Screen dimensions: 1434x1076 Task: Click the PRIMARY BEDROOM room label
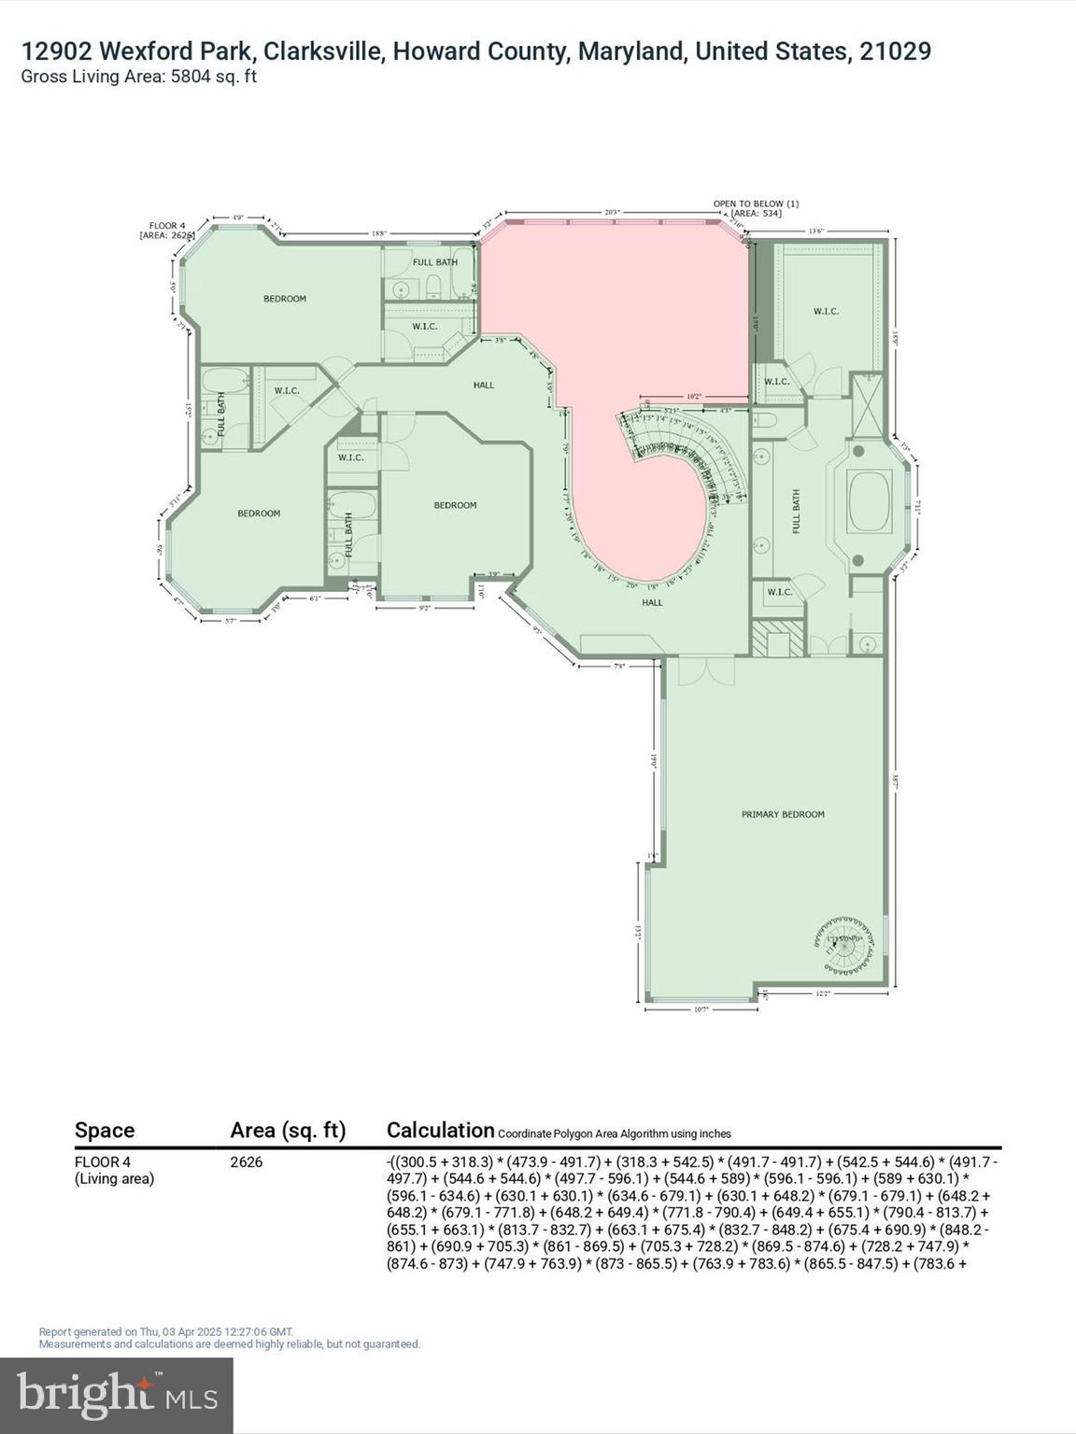pyautogui.click(x=783, y=814)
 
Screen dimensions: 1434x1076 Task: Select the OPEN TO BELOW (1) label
pyautogui.click(x=756, y=204)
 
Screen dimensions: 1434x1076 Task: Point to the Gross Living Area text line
pyautogui.click(x=139, y=77)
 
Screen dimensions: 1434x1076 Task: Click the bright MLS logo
pyautogui.click(x=117, y=1395)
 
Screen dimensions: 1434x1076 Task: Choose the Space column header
pyautogui.click(x=105, y=1131)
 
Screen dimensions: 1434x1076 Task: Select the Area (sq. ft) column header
pyautogui.click(x=288, y=1131)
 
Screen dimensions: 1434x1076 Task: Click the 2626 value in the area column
pyautogui.click(x=247, y=1162)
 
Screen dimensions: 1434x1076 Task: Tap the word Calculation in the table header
pyautogui.click(x=440, y=1130)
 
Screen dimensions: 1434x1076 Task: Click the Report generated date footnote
pyautogui.click(x=166, y=1332)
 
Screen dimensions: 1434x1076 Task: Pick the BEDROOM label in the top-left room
pyautogui.click(x=285, y=299)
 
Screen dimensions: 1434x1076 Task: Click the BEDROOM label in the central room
pyautogui.click(x=455, y=505)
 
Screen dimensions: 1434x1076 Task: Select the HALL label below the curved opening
pyautogui.click(x=652, y=602)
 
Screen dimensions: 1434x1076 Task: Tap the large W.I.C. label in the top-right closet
pyautogui.click(x=826, y=311)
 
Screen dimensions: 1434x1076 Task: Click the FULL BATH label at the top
pyautogui.click(x=435, y=262)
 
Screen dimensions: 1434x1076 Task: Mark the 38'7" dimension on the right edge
pyautogui.click(x=896, y=781)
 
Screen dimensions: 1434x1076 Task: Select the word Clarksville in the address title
pyautogui.click(x=317, y=51)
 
